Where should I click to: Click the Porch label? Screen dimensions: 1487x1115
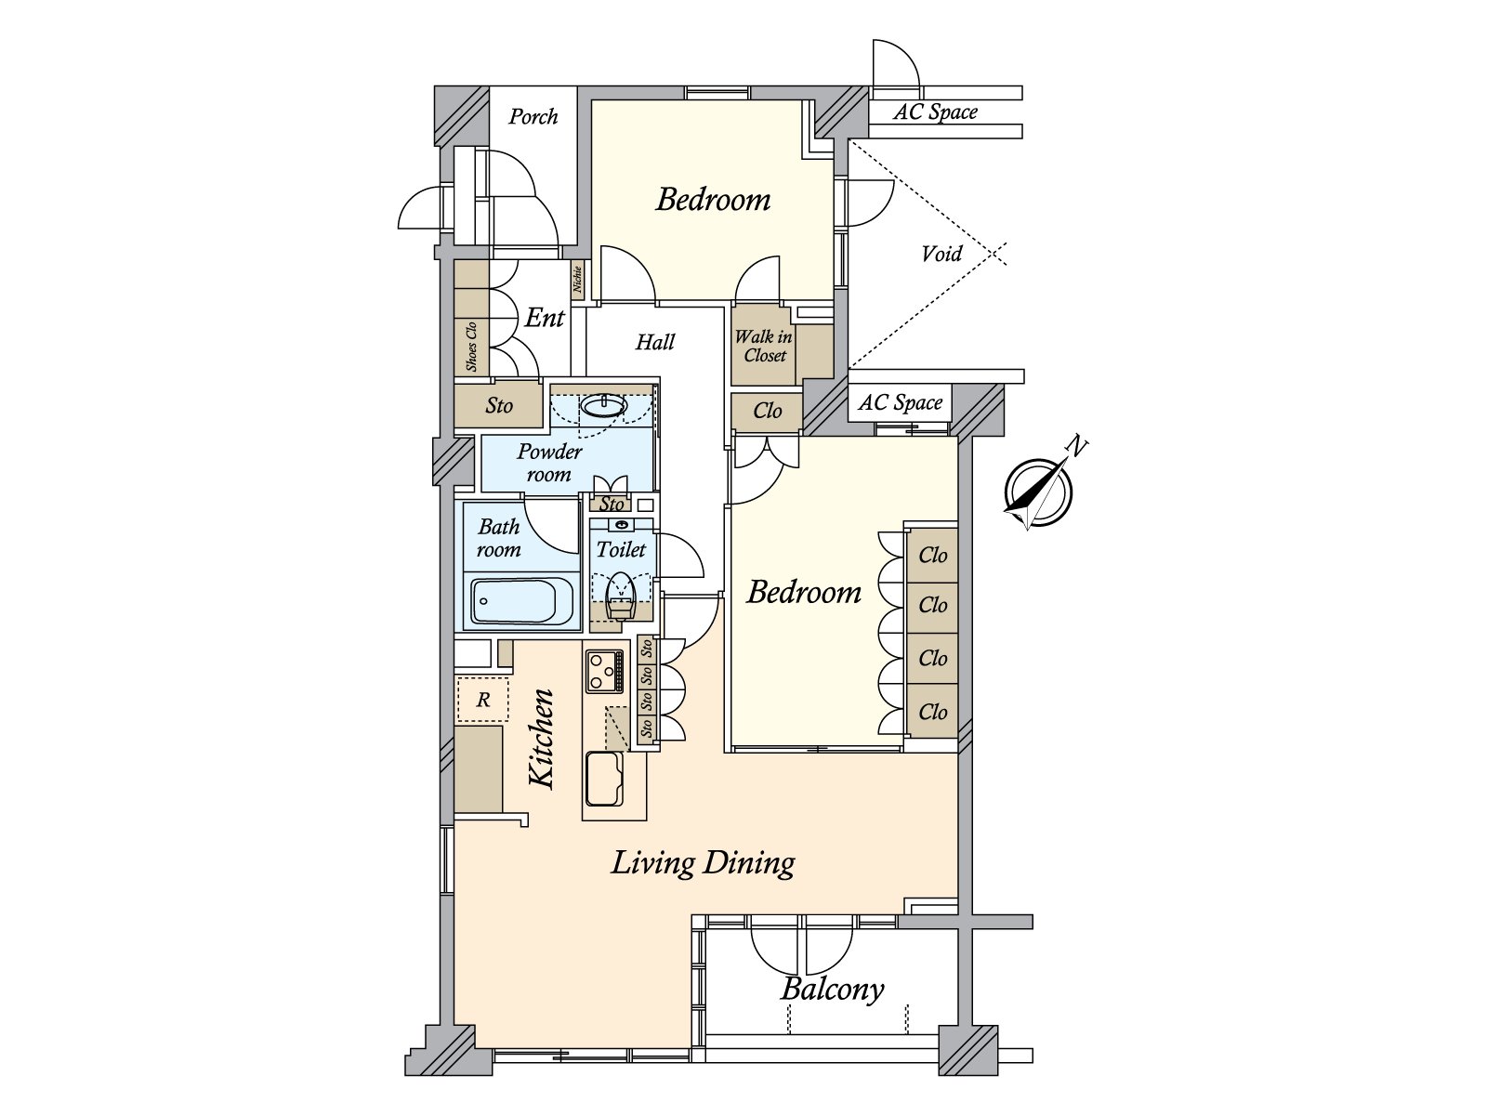[533, 116]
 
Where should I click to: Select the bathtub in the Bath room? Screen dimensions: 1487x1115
[521, 601]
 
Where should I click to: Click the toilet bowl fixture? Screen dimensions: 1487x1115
[621, 596]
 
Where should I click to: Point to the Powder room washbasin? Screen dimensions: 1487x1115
[603, 406]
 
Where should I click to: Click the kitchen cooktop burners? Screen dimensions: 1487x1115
[604, 671]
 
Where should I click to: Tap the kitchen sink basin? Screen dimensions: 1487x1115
[604, 779]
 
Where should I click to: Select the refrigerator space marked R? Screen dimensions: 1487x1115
[482, 700]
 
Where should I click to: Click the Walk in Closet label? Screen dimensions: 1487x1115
[764, 346]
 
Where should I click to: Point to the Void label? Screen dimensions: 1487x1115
[941, 254]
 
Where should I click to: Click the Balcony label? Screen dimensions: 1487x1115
[832, 989]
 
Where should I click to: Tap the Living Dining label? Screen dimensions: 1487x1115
[704, 863]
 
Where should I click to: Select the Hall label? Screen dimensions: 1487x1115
[655, 342]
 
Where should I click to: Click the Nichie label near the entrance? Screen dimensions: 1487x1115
[577, 280]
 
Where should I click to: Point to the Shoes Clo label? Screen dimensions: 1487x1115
[471, 346]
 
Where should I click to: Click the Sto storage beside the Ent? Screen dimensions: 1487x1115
[498, 405]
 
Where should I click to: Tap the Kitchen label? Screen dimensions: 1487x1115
[542, 739]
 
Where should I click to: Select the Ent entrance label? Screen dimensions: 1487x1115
[545, 317]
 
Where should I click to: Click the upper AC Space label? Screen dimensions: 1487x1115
[935, 111]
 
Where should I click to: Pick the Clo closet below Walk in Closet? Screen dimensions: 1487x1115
[767, 412]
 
